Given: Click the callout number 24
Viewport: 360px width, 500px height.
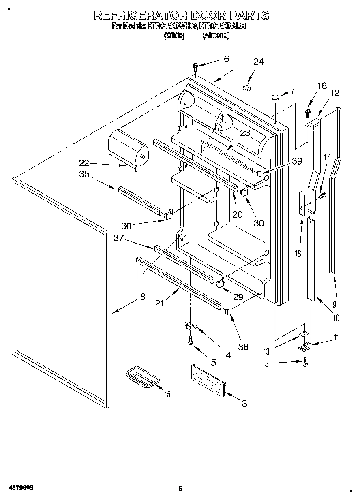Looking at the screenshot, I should [258, 62].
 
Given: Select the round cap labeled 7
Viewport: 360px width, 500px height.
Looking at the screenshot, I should [275, 97].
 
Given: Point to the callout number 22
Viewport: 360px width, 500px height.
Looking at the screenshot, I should [84, 163].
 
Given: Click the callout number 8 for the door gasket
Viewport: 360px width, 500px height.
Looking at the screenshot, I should [142, 297].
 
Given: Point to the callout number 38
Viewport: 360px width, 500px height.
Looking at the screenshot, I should [244, 347].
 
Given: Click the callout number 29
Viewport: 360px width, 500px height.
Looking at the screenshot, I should [238, 297].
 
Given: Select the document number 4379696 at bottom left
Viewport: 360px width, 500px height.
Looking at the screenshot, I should [20, 488].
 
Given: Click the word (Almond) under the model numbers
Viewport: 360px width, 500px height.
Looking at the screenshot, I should [216, 35].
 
